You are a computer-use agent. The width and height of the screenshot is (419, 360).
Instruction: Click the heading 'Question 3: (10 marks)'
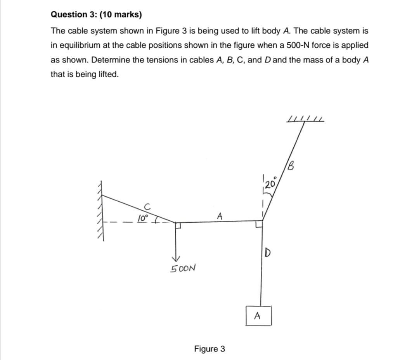pyautogui.click(x=96, y=15)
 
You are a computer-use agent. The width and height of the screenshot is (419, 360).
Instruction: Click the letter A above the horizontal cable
pyautogui.click(x=220, y=215)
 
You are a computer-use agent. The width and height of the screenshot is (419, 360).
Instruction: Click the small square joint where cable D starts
pyautogui.click(x=259, y=225)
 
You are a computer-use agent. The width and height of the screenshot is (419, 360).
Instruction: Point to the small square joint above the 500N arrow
pyautogui.click(x=178, y=225)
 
